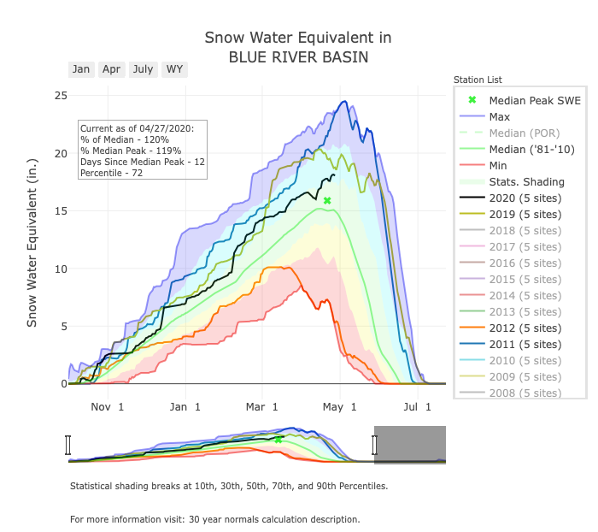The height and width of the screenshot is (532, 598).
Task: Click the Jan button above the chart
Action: tap(81, 69)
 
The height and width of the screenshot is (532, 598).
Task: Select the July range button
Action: tap(143, 69)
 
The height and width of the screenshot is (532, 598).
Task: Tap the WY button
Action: tap(174, 69)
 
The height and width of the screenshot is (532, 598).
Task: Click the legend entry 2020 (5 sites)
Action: tap(525, 198)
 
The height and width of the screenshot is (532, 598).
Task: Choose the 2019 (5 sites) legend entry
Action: tap(525, 214)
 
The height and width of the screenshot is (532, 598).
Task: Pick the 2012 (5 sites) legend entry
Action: tap(525, 328)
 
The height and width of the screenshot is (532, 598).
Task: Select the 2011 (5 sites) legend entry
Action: tap(525, 344)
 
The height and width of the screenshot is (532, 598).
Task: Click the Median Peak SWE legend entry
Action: tap(534, 100)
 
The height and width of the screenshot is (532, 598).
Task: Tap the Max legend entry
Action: tap(501, 116)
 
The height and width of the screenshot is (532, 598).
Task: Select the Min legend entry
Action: tap(499, 165)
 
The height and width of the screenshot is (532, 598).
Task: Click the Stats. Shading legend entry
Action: tap(526, 181)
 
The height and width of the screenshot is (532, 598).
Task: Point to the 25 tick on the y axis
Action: tap(61, 95)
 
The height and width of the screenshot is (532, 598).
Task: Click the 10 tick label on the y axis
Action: tap(61, 269)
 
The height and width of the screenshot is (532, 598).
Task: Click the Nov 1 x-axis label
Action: tap(108, 408)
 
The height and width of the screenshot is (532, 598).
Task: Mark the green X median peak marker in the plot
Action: tap(327, 200)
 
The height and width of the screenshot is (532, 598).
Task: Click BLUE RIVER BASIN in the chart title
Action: tap(298, 58)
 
